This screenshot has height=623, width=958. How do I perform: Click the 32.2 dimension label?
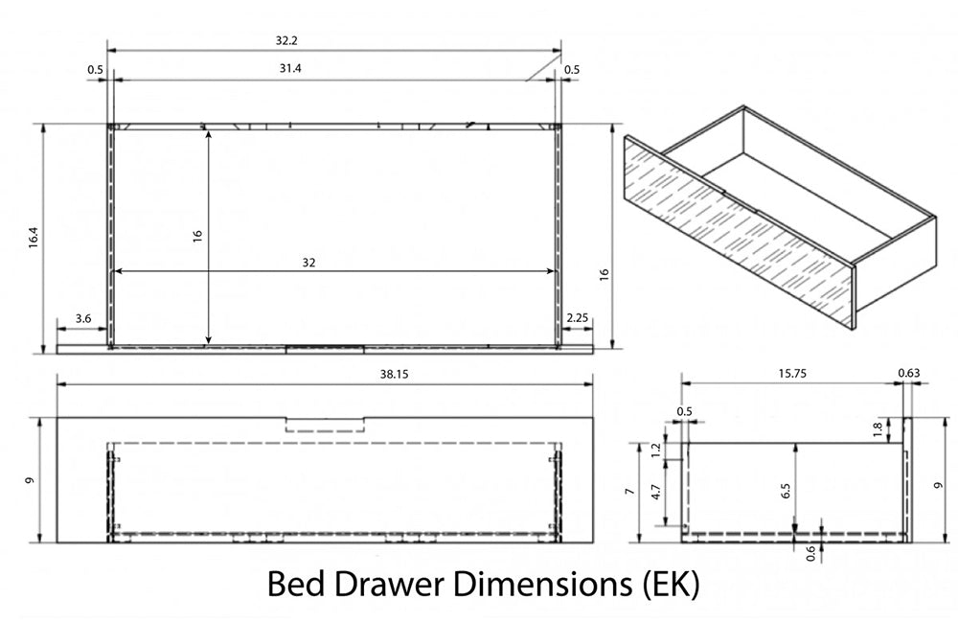click(285, 40)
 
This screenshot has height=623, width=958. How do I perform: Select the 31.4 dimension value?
click(290, 68)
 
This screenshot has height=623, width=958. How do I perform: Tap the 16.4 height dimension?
click(33, 237)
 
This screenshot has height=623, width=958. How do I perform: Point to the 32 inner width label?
click(308, 263)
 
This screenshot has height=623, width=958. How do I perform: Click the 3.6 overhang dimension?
click(83, 318)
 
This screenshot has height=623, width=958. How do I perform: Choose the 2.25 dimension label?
click(577, 318)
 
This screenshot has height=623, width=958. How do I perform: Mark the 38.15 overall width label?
click(394, 374)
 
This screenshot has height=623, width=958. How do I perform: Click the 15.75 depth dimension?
click(792, 374)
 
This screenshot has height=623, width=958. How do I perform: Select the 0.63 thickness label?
click(908, 373)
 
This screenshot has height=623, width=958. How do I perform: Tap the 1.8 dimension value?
click(878, 429)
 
